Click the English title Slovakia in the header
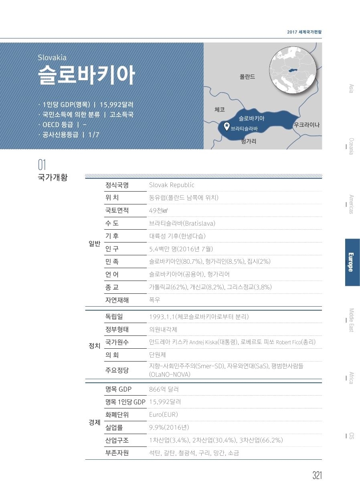coord(52,58)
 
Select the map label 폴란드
coord(247,77)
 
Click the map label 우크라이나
coord(307,125)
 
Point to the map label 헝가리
coord(249,141)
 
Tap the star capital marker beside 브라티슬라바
coord(227,127)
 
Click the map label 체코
coord(220,109)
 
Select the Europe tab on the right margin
coord(352,262)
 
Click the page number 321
coord(317,475)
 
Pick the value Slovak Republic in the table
coord(172,185)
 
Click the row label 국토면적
coord(117,210)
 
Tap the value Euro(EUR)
coord(163,414)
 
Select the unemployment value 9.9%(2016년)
coord(169,427)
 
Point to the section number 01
coord(42,165)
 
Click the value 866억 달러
coord(164,389)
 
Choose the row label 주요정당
coord(117,370)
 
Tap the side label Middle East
coord(351,320)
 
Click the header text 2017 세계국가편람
coord(304,32)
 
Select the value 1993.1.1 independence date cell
coord(199,317)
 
